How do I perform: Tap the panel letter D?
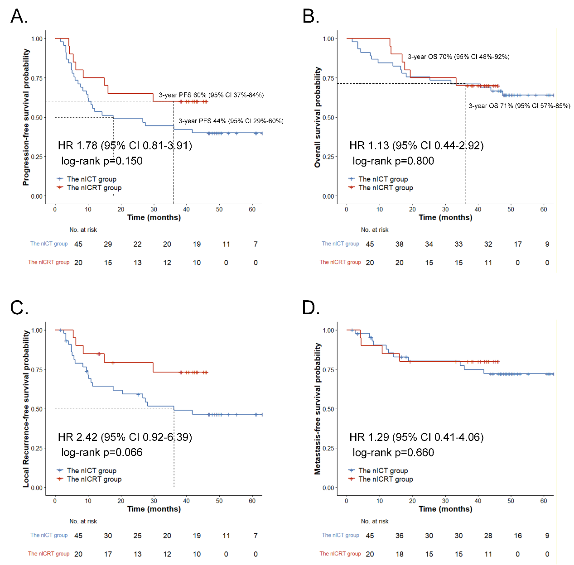pos(310,308)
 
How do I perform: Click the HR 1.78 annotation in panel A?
pos(125,145)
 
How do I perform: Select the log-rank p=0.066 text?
pos(102,452)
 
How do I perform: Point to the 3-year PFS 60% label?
pos(211,95)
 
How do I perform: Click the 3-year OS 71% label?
pos(519,106)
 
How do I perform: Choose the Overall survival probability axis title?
pos(318,118)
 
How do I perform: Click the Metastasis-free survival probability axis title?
pos(318,408)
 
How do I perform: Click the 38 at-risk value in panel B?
pos(399,244)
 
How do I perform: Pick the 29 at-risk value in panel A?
pos(108,244)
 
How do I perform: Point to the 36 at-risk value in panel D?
pos(399,536)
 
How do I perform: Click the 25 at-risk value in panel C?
pos(137,536)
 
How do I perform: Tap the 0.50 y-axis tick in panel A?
pos(37,118)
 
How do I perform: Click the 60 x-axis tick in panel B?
pos(544,209)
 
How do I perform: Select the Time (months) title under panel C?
pos(154,509)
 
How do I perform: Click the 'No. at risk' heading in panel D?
pos(375,521)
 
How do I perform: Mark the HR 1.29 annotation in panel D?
pos(416,437)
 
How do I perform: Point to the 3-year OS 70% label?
pos(458,57)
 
